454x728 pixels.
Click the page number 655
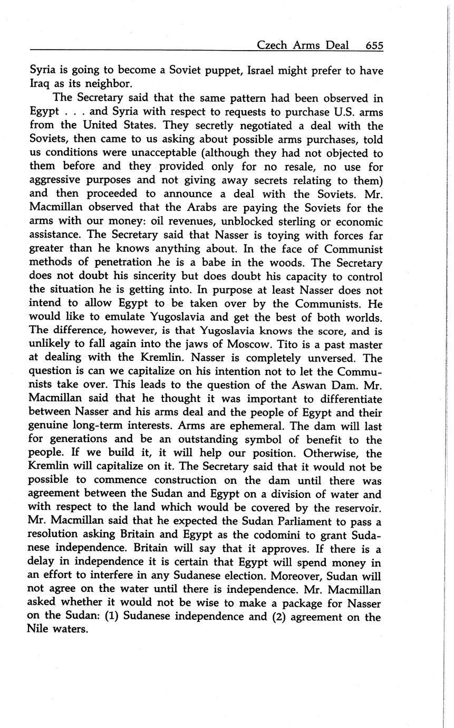coord(374,45)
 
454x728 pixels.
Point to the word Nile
coord(39,630)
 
